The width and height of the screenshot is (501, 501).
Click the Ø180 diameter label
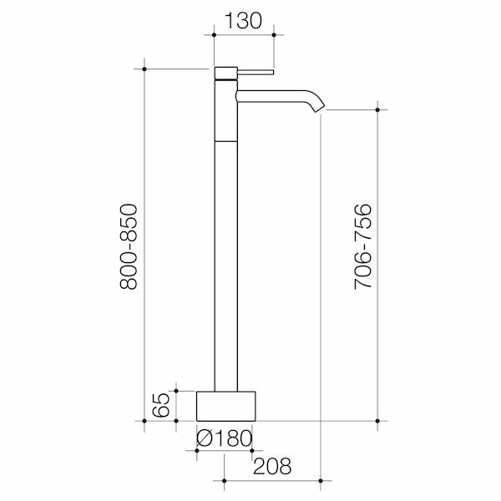click(x=224, y=438)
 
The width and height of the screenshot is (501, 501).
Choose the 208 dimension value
click(x=272, y=465)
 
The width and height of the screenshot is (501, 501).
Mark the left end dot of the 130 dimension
click(x=215, y=34)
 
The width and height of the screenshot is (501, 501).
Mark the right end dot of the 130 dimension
click(x=275, y=34)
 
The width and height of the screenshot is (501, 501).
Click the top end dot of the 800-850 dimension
click(x=145, y=68)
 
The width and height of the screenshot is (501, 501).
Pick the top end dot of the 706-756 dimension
click(x=380, y=108)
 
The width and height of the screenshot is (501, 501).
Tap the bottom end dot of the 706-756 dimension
click(x=380, y=420)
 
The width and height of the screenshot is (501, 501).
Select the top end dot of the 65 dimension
click(x=176, y=389)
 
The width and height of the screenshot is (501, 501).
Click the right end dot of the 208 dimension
click(x=321, y=480)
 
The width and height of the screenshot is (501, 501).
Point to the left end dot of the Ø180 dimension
click(x=196, y=450)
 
